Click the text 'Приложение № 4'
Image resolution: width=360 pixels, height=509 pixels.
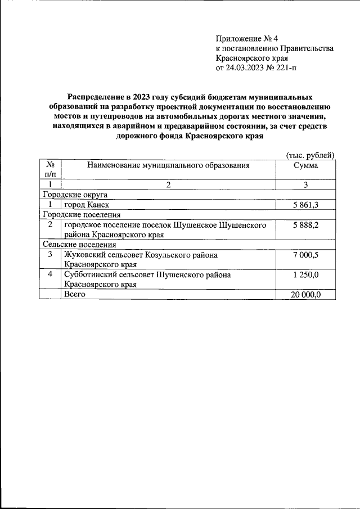pos(247,39)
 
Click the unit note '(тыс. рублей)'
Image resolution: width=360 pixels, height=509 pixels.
pos(310,155)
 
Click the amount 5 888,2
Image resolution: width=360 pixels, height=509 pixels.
pos(306,224)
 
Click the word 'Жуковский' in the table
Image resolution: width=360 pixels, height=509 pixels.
pos(84,255)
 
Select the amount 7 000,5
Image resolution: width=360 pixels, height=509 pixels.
pos(306,255)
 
